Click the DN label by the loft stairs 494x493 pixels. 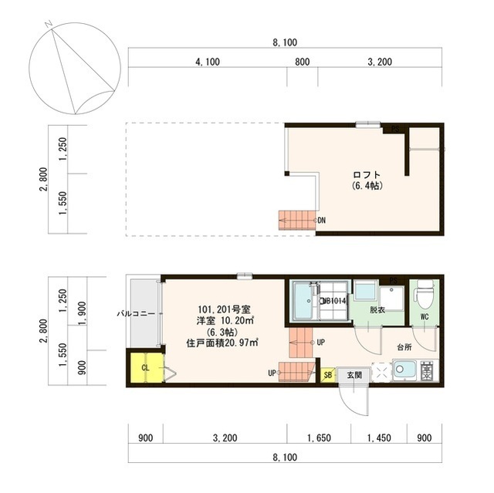tap(322, 221)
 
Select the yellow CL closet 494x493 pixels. tap(145, 367)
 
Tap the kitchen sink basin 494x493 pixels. tap(404, 371)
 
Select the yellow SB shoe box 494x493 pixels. tap(327, 375)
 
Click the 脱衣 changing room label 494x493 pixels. tap(377, 310)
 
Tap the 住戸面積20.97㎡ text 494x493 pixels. tap(222, 342)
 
